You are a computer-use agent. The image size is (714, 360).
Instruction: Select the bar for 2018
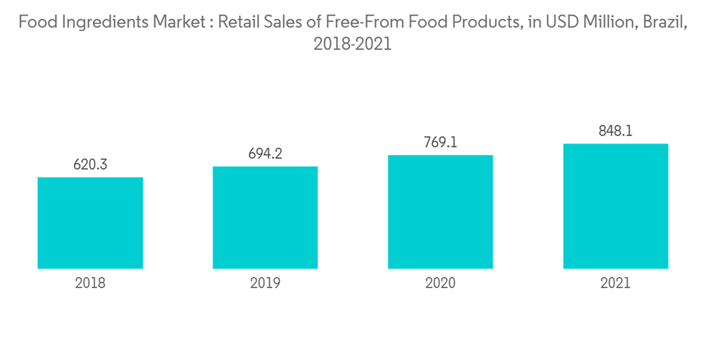tap(90, 223)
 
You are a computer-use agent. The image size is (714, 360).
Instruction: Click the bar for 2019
tap(265, 218)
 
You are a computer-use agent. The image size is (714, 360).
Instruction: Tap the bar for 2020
tap(441, 212)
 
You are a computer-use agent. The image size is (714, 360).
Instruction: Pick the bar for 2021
tap(615, 206)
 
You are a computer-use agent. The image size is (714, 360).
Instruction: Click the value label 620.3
tap(90, 165)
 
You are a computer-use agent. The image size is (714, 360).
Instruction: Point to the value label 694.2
tap(265, 154)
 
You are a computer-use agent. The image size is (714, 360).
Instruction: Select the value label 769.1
tap(441, 143)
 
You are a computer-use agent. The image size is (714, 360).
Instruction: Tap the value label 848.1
tap(615, 131)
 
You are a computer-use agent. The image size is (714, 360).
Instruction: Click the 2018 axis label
tap(90, 283)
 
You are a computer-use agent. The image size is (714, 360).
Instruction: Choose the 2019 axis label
tap(265, 283)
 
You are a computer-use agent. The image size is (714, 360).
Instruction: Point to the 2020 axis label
tap(441, 283)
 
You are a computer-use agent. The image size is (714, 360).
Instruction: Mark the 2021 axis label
tap(615, 283)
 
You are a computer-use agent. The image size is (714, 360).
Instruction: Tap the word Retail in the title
tap(239, 22)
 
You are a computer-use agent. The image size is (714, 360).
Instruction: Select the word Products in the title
tap(481, 22)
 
